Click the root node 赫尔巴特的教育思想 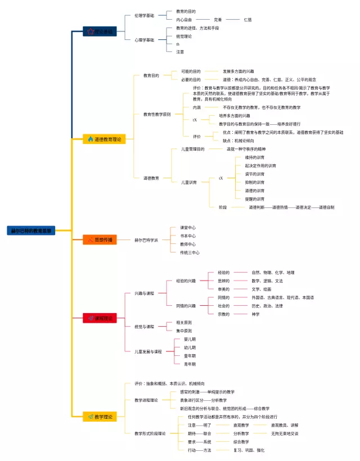[x=31, y=231]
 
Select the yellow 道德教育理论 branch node [x=102, y=139]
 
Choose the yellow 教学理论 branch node [x=101, y=417]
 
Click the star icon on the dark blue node [x=89, y=32]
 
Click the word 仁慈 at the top [x=247, y=20]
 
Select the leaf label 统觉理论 [x=184, y=36]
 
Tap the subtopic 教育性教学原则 [x=157, y=114]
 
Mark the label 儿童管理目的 [x=192, y=149]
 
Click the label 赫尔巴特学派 [x=146, y=240]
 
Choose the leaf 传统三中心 [x=190, y=252]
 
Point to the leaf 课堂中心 [x=188, y=228]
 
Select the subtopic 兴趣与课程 [x=143, y=293]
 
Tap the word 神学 [x=256, y=314]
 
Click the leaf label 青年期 [x=190, y=364]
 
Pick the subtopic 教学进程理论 [x=146, y=400]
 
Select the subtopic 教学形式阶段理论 [x=149, y=433]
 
